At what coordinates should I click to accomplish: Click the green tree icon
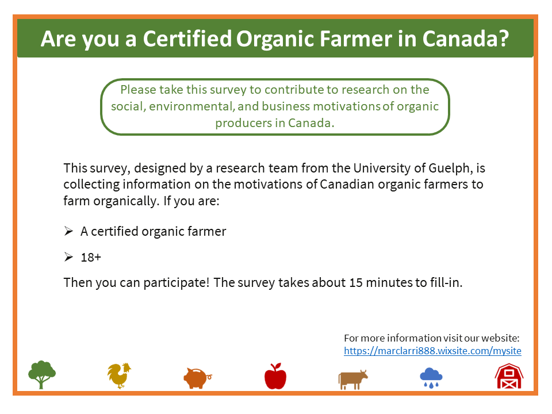42,374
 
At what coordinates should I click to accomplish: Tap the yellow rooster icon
119,375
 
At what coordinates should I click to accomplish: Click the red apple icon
275,376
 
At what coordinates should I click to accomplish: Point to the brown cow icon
353,379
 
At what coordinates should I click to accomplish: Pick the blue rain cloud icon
431,378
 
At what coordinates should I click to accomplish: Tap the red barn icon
509,376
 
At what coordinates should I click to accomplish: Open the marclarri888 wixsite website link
432,351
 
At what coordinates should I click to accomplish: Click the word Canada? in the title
466,39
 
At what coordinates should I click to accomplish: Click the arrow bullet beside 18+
68,257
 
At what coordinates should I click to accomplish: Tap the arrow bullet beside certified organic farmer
68,231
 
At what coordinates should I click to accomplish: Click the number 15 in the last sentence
356,283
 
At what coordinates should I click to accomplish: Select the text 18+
91,258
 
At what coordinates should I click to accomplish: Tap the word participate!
177,283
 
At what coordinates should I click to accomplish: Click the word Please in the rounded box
138,90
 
